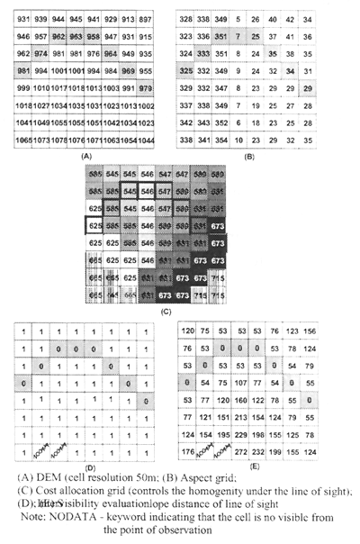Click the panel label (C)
click(166, 312)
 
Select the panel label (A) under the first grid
click(86, 155)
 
